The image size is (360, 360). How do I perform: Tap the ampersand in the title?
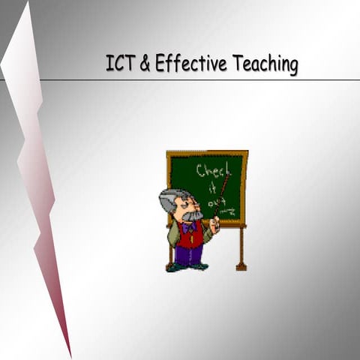[x=143, y=65]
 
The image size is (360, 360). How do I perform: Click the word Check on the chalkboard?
[x=214, y=169]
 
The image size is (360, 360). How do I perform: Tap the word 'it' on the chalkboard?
[x=213, y=187]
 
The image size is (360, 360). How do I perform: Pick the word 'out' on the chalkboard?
[x=216, y=202]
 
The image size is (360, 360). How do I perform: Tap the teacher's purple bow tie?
[x=188, y=226]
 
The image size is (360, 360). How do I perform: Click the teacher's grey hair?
[x=172, y=199]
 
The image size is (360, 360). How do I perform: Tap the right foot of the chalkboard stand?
[x=241, y=265]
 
